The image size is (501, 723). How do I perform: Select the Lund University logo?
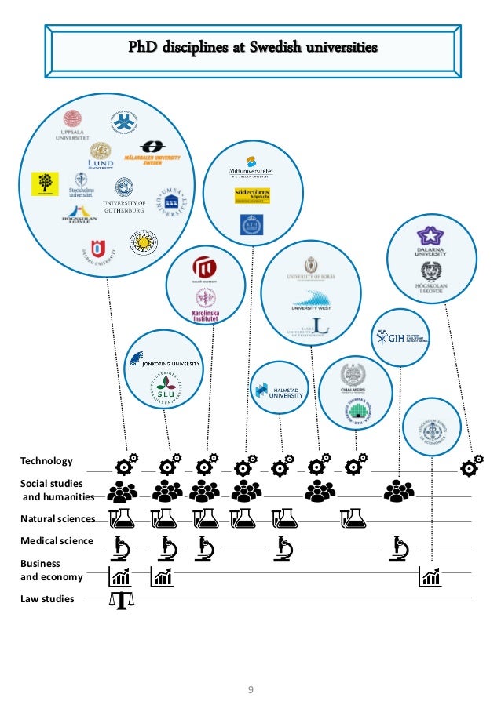pos(101,155)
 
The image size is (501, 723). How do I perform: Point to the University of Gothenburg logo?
pos(124,194)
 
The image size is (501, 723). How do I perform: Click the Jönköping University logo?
pos(165,361)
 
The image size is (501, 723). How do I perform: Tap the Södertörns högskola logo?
pos(252,195)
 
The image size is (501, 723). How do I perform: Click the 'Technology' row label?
pos(46,461)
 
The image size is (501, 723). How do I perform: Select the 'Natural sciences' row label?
pos(57,518)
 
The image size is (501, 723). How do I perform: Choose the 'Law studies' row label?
pos(47,599)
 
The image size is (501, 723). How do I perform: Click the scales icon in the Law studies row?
pos(121,600)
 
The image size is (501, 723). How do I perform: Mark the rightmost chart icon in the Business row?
pos(430,577)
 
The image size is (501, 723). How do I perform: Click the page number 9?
pos(251,690)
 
